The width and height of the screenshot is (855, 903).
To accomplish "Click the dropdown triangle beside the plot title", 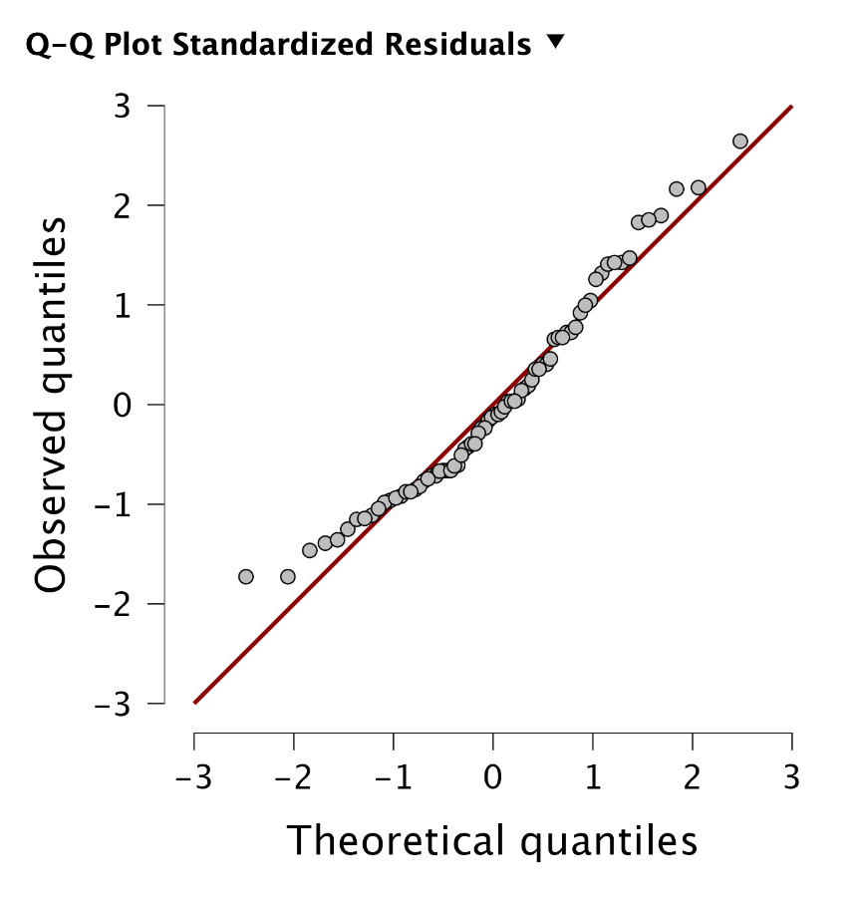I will click(555, 42).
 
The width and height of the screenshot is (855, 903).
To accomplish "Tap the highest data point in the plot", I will click(739, 142).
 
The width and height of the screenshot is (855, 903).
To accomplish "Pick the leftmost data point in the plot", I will click(246, 576).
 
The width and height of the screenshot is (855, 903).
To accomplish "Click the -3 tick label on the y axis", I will click(116, 704).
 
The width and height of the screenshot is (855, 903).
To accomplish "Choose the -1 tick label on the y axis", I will click(116, 504).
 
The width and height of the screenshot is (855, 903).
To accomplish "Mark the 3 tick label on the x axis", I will click(792, 776).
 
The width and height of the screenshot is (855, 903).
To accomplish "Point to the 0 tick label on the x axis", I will click(493, 776).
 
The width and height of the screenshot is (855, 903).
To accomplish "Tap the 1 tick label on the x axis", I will click(593, 776).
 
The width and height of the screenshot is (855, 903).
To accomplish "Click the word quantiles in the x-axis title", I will click(607, 843).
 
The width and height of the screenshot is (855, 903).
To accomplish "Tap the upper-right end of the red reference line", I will click(791, 107).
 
